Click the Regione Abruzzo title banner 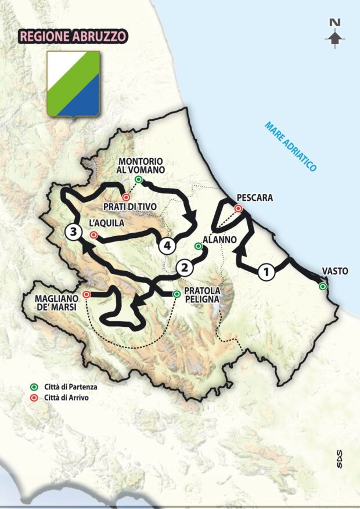73,35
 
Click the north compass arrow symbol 334,34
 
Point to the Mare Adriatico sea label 290,146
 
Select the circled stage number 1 266,271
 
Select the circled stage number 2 184,268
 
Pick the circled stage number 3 72,232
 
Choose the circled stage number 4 167,246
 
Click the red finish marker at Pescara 238,209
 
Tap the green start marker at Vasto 323,286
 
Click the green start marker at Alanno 198,246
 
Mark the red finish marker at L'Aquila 93,235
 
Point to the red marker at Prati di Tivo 125,197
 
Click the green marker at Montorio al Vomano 138,180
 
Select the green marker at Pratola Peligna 176,294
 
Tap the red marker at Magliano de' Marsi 86,294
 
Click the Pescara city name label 254,198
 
